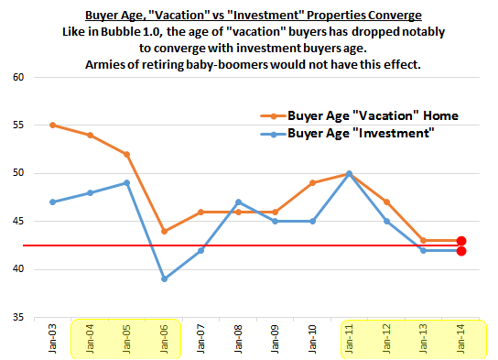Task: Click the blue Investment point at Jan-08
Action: coord(238,202)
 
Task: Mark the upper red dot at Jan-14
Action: coord(462,240)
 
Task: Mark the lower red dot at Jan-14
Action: coord(462,250)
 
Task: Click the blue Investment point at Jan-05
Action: coord(126,182)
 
